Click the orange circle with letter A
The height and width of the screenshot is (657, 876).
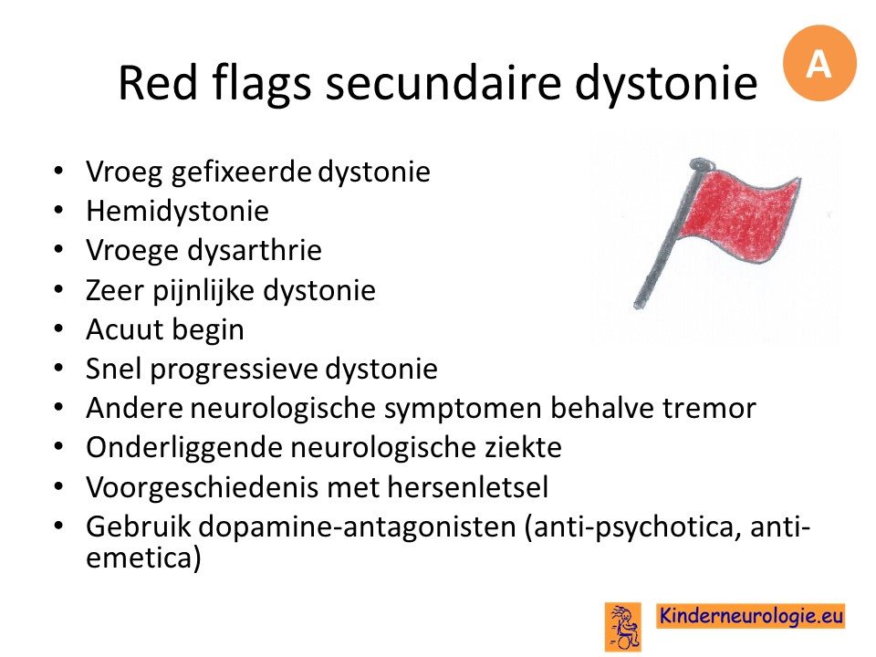[x=819, y=63]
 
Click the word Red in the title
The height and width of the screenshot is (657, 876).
[x=158, y=83]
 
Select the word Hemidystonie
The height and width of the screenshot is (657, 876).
[x=178, y=211]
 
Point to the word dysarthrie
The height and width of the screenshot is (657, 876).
[x=255, y=250]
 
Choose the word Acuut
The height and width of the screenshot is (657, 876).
[x=118, y=329]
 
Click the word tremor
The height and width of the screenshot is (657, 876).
[x=709, y=408]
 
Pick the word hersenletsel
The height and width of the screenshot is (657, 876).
[x=467, y=486]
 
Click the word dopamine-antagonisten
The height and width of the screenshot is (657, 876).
[x=358, y=527]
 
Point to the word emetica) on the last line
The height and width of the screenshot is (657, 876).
[x=143, y=558]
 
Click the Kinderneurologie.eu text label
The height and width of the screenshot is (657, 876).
[x=750, y=616]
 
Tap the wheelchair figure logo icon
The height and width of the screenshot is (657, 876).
[x=623, y=626]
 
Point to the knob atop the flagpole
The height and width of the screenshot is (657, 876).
[x=701, y=164]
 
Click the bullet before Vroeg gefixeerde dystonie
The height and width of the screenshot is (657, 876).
[x=58, y=172]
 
